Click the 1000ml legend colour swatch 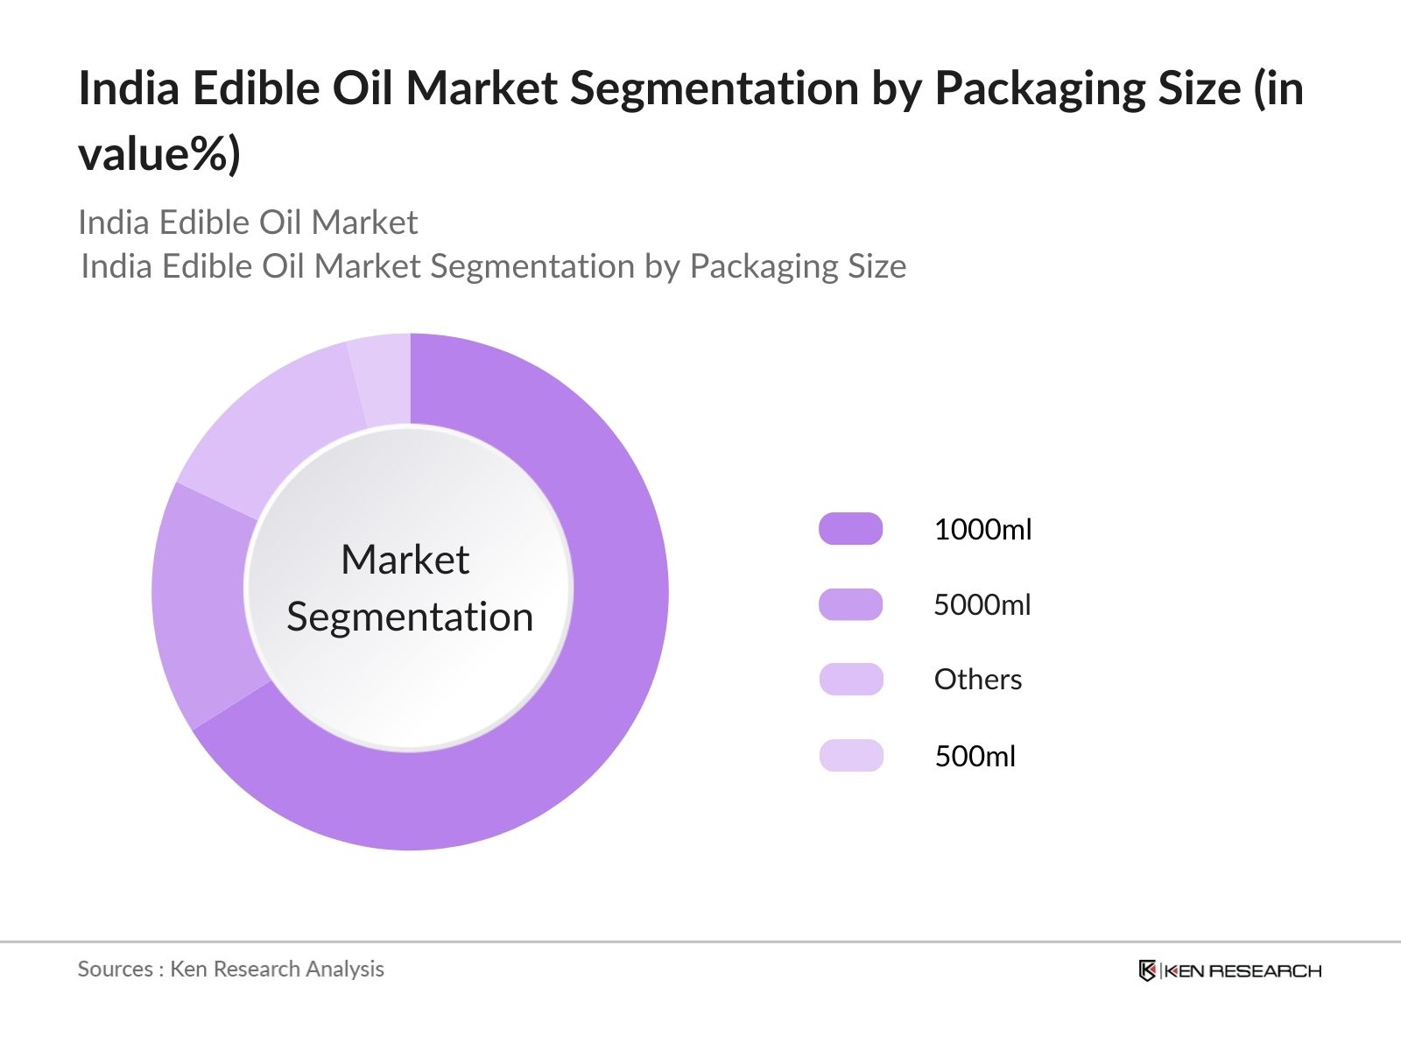(x=850, y=529)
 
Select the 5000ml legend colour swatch (x=850, y=604)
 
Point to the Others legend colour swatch (x=850, y=680)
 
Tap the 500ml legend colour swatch (x=850, y=755)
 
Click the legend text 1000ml (x=982, y=529)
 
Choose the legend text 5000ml (x=982, y=604)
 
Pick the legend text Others (x=977, y=680)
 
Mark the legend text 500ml (x=975, y=756)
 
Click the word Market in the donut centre (x=405, y=560)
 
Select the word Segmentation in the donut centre (x=410, y=617)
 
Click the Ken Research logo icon (x=1147, y=970)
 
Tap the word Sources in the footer (x=115, y=969)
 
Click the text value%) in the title (x=158, y=154)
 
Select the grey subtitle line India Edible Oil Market (x=248, y=222)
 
